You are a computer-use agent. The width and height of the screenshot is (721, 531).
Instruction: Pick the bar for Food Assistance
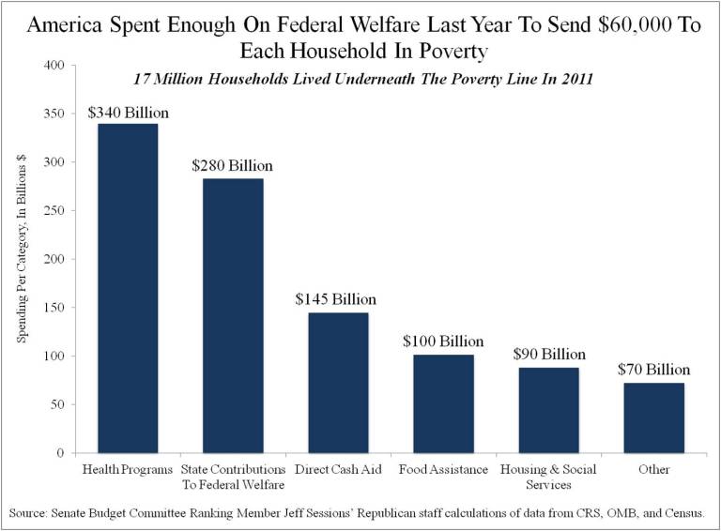[443, 403]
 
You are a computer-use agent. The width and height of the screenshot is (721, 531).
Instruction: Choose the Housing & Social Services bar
[548, 410]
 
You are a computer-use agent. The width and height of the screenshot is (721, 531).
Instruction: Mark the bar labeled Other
[653, 417]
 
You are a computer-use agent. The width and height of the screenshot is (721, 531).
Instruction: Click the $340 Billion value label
[128, 113]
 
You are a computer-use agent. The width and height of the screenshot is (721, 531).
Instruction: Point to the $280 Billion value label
[233, 165]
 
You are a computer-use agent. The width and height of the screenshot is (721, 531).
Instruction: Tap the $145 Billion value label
[336, 299]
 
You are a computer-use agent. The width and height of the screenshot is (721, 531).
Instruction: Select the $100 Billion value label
[443, 341]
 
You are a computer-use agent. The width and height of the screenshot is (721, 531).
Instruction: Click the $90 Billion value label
[549, 355]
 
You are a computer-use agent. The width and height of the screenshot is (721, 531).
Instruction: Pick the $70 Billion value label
[653, 370]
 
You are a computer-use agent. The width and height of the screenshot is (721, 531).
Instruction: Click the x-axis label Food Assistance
[443, 469]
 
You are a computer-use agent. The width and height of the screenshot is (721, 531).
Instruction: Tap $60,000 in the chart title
[614, 25]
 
